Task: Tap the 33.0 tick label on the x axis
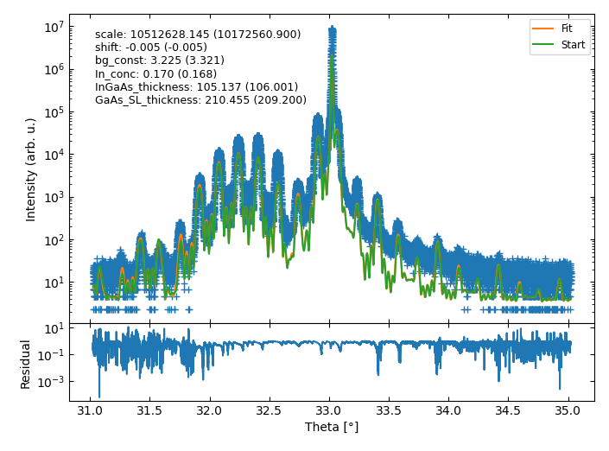pyautogui.click(x=329, y=410)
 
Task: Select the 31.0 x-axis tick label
pyautogui.click(x=90, y=410)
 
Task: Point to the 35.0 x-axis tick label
pyautogui.click(x=568, y=410)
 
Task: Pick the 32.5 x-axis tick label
pyautogui.click(x=270, y=410)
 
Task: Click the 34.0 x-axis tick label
pyautogui.click(x=448, y=410)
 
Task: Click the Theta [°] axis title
pyautogui.click(x=332, y=427)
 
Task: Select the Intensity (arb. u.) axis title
pyautogui.click(x=31, y=169)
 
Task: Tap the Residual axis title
pyautogui.click(x=25, y=364)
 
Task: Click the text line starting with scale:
pyautogui.click(x=198, y=35)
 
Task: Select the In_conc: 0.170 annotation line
pyautogui.click(x=155, y=74)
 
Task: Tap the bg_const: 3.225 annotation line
pyautogui.click(x=160, y=61)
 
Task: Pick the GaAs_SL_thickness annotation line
pyautogui.click(x=200, y=100)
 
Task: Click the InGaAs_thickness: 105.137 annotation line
pyautogui.click(x=196, y=87)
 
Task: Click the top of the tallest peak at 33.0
pyautogui.click(x=332, y=28)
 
